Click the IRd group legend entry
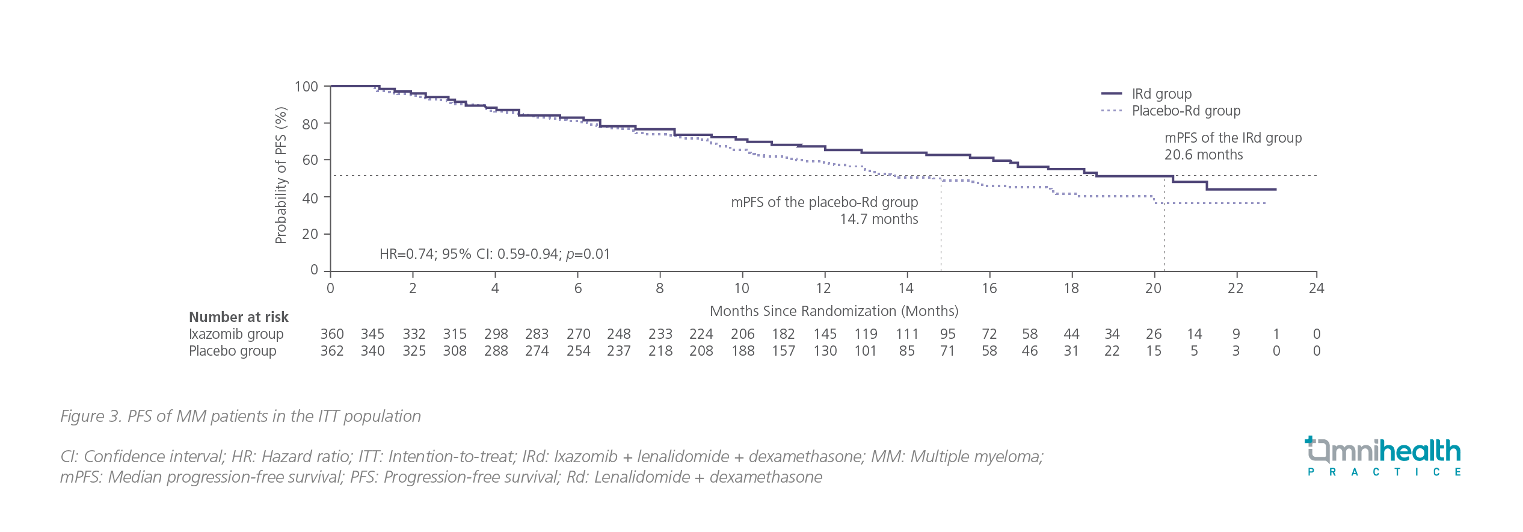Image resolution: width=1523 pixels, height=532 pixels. click(1161, 94)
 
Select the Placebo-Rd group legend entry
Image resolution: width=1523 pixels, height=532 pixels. click(1186, 111)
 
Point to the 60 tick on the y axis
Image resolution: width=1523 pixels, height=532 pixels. click(310, 160)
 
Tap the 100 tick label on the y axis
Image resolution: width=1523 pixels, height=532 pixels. click(306, 87)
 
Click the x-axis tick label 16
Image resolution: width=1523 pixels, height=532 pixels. click(989, 288)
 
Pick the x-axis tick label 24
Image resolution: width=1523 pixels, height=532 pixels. click(1316, 288)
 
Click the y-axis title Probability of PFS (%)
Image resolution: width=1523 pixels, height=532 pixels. click(281, 175)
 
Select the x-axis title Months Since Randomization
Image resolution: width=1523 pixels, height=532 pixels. click(834, 311)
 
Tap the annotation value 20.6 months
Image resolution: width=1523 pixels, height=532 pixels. click(1203, 155)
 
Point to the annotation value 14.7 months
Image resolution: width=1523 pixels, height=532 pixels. click(879, 219)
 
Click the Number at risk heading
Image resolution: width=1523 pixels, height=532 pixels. click(239, 317)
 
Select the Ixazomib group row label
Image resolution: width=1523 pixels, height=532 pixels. click(236, 334)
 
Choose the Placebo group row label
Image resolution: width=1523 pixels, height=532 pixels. click(233, 351)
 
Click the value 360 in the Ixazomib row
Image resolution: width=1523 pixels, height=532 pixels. click(332, 334)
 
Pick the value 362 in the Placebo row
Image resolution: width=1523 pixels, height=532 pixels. click(332, 351)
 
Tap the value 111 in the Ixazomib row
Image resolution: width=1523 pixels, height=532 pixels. click(906, 334)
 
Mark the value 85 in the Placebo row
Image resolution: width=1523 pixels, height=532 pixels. click(906, 351)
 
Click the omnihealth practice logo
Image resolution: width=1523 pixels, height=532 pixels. click(1383, 457)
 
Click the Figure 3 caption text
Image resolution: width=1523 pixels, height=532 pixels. click(241, 416)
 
